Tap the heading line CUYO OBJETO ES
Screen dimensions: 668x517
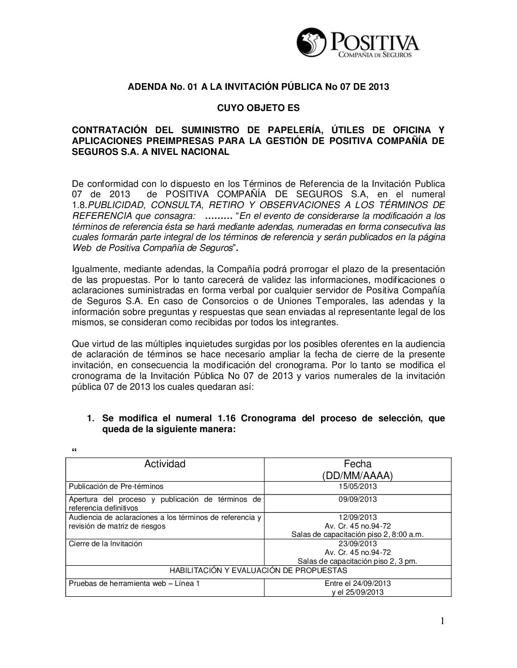pyautogui.click(x=258, y=108)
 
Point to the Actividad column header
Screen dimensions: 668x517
pyautogui.click(x=164, y=464)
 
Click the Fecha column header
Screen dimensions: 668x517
pyautogui.click(x=357, y=464)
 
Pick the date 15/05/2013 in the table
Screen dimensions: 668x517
pyautogui.click(x=357, y=486)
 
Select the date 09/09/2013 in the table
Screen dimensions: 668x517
pyautogui.click(x=357, y=499)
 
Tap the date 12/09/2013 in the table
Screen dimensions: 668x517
pyautogui.click(x=357, y=517)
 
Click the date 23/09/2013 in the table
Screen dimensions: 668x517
pyautogui.click(x=357, y=544)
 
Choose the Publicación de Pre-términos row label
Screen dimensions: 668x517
pyautogui.click(x=116, y=486)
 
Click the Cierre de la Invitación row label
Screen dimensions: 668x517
pyautogui.click(x=105, y=544)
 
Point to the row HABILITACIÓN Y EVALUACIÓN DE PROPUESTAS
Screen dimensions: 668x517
pyautogui.click(x=258, y=570)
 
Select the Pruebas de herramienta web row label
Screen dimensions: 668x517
pyautogui.click(x=134, y=583)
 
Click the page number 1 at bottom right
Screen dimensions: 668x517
pyautogui.click(x=442, y=622)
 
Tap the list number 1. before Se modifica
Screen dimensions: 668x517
pyautogui.click(x=90, y=418)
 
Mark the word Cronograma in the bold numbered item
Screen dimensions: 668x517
pyautogui.click(x=269, y=418)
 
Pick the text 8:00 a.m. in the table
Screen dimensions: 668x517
pyautogui.click(x=408, y=534)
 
